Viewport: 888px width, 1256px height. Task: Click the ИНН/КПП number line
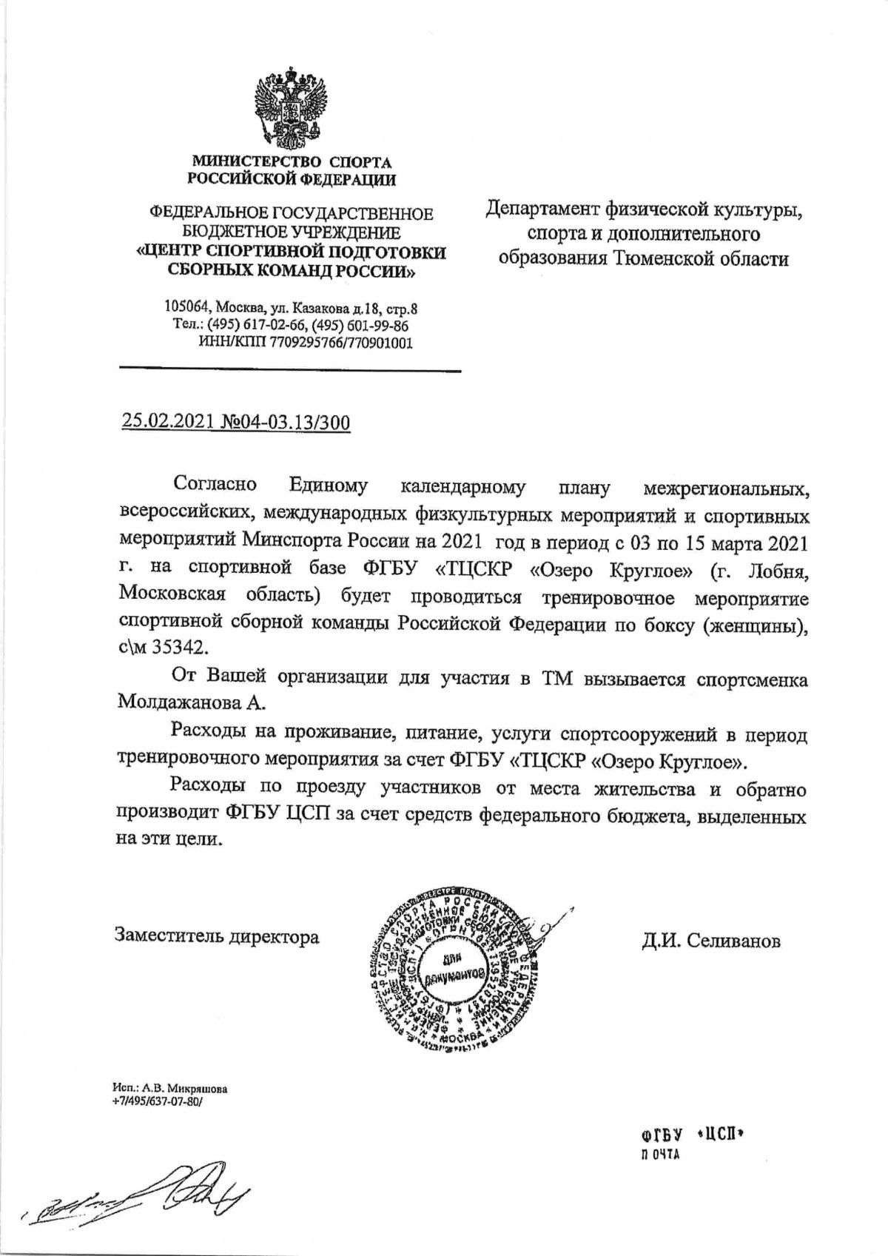click(x=306, y=343)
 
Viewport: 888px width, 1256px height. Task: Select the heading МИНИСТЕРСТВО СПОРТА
click(x=292, y=161)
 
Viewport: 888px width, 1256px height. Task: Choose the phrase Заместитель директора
click(x=216, y=936)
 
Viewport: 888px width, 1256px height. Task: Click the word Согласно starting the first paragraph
click(x=214, y=486)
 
